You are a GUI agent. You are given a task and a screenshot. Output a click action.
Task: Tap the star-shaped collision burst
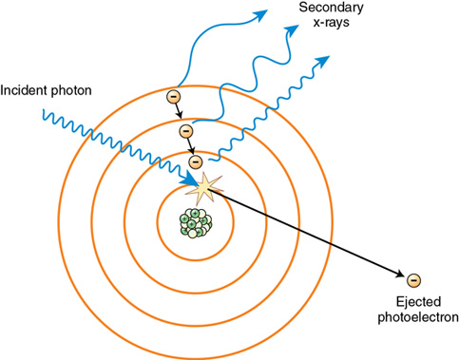coord(202,190)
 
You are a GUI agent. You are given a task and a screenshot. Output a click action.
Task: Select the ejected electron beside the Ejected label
coord(412,280)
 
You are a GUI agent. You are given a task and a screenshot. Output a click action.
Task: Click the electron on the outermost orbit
coord(173,96)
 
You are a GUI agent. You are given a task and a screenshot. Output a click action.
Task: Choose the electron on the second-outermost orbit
coord(185,129)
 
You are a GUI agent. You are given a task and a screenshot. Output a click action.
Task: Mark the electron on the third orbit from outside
coord(195,161)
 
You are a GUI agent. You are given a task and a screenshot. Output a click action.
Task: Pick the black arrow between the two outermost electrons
coord(179,113)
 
